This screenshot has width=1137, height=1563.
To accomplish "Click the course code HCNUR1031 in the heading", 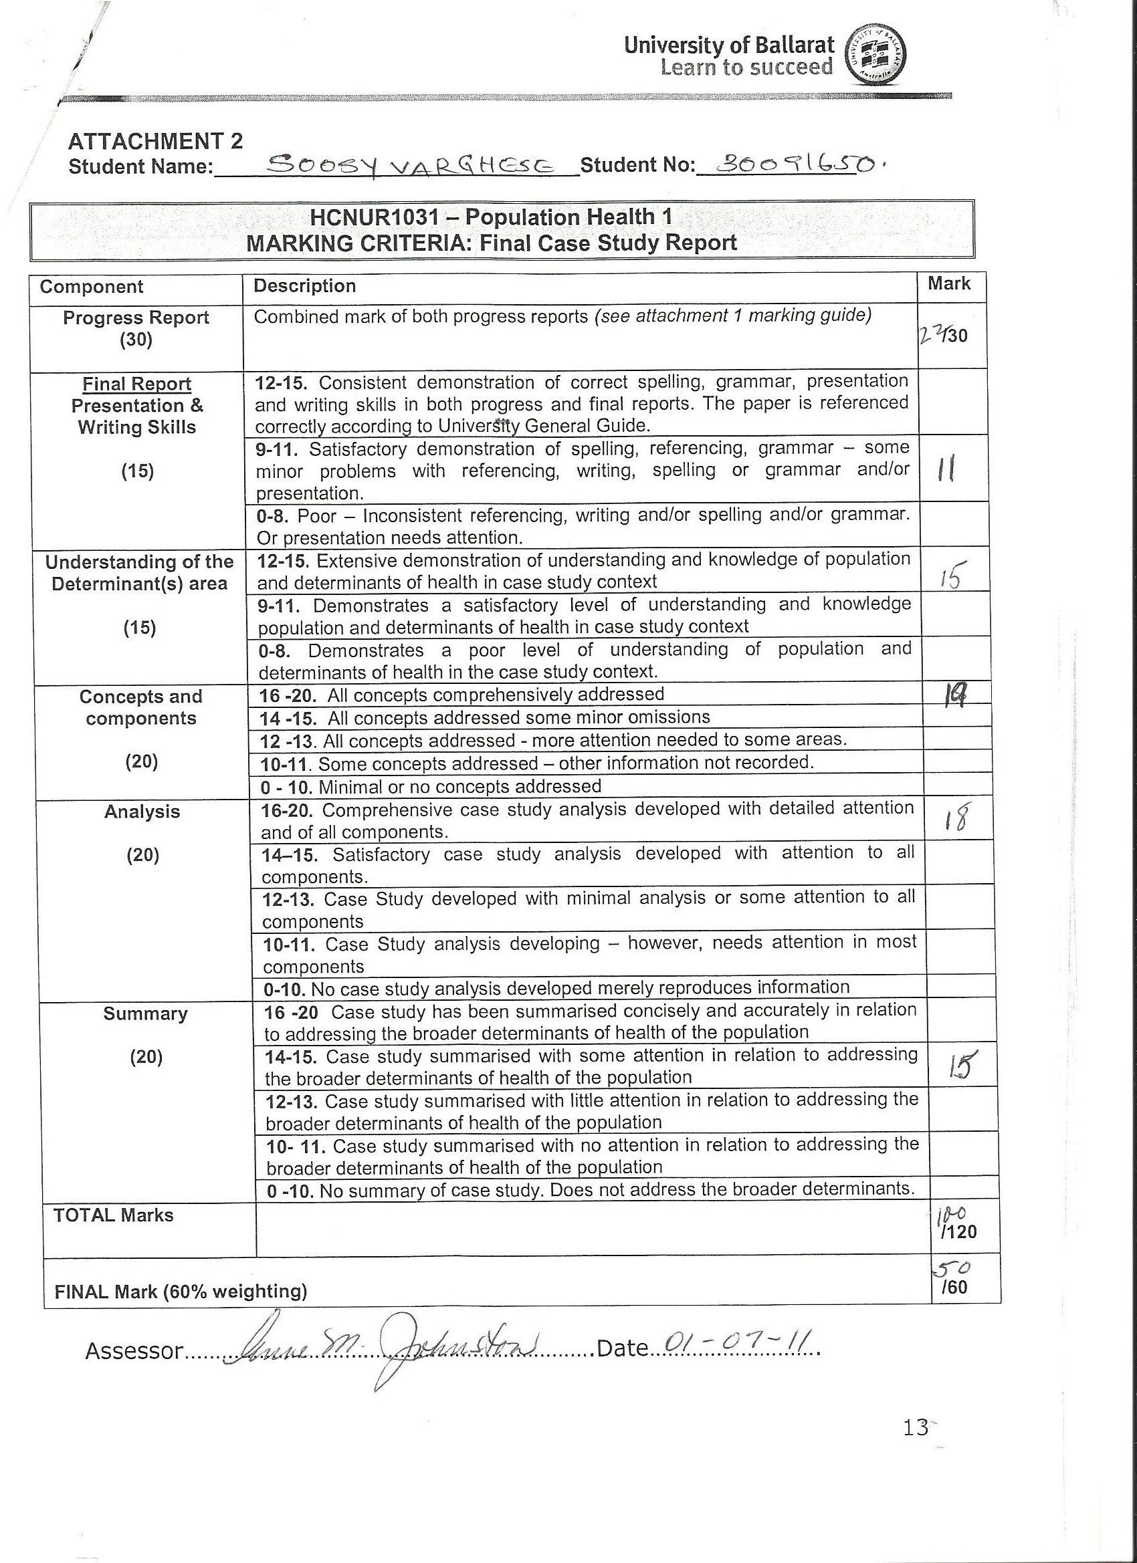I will point(374,218).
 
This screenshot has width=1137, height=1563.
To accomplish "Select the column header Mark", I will point(949,283).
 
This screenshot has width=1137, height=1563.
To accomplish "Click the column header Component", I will point(91,287).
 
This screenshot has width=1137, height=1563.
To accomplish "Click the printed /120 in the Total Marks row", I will point(958,1231).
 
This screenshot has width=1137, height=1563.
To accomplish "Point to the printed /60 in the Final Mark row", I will point(954,1287).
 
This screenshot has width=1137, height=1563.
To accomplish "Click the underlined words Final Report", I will point(136,384).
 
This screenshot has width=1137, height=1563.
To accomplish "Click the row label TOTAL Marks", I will point(113,1215).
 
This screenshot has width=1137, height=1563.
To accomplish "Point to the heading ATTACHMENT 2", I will point(155,141).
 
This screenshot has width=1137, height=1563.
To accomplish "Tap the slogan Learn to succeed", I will point(746,68).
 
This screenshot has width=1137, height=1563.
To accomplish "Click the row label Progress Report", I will point(136,318).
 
